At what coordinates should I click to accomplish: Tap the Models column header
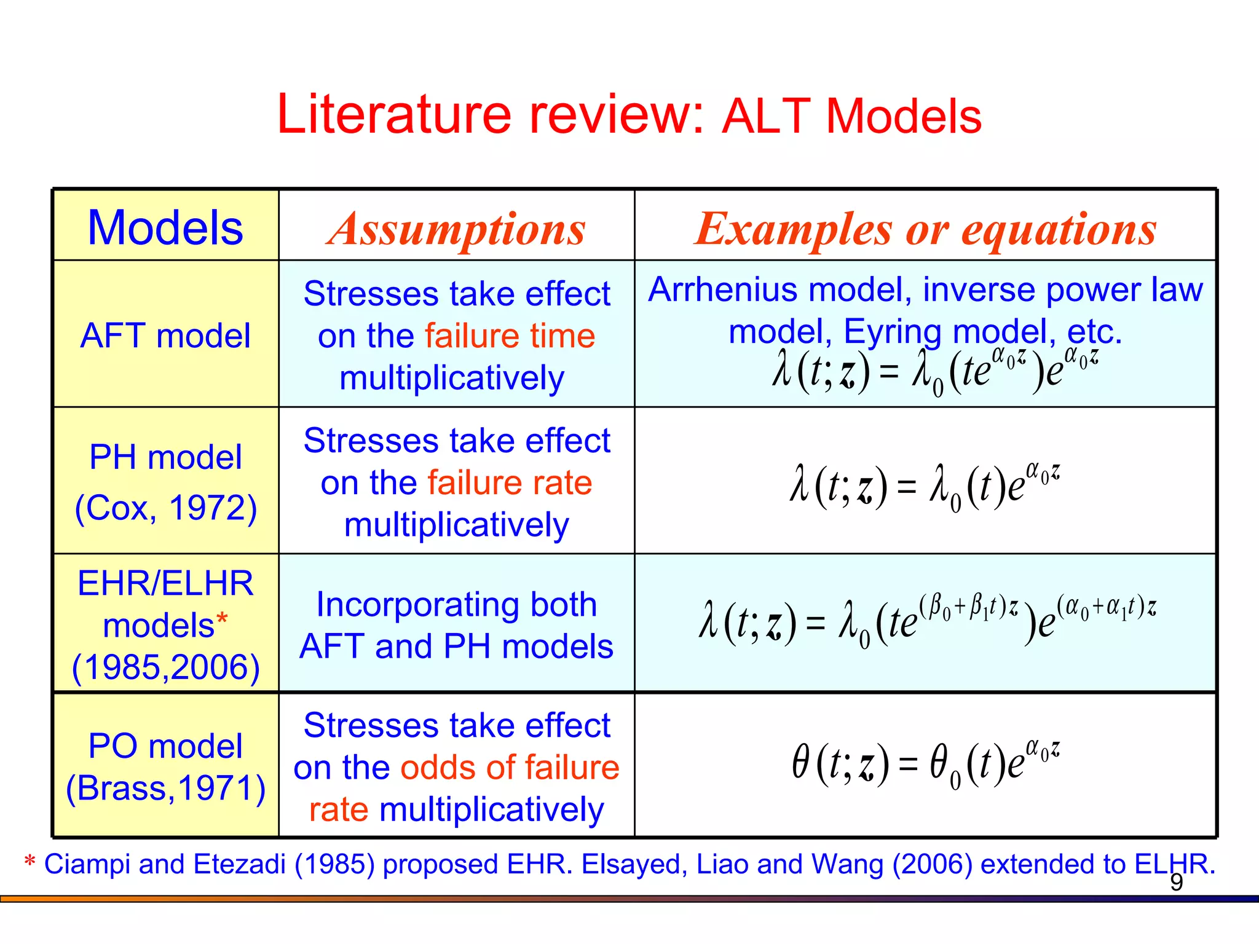[x=165, y=227]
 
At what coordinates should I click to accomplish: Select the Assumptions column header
[x=456, y=229]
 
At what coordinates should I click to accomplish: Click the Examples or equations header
[x=925, y=229]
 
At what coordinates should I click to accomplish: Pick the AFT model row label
[x=165, y=336]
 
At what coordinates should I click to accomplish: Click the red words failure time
[x=510, y=336]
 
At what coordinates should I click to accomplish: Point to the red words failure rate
[x=510, y=482]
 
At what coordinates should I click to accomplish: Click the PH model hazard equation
[x=925, y=487]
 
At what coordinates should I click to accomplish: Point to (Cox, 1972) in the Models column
[x=165, y=508]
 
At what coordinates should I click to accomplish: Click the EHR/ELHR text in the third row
[x=165, y=583]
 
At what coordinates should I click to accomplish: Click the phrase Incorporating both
[x=456, y=605]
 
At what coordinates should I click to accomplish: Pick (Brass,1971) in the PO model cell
[x=165, y=788]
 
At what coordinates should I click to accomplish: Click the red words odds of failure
[x=510, y=768]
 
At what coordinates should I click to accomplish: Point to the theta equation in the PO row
[x=925, y=764]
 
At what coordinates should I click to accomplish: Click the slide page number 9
[x=1176, y=883]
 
